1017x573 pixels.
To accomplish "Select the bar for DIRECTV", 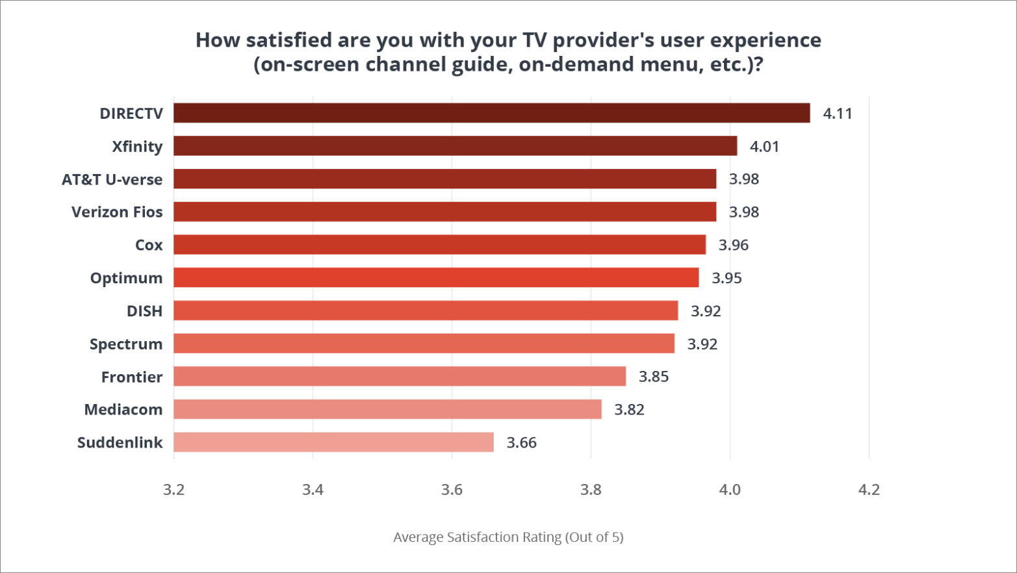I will point(491,113).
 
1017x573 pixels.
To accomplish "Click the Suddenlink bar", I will point(333,442).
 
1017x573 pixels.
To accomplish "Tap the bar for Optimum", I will point(436,277).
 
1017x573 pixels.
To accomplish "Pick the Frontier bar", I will point(400,376).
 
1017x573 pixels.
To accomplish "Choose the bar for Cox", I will point(439,245).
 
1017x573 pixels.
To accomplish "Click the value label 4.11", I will point(837,114).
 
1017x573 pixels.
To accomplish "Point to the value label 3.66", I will point(521,443).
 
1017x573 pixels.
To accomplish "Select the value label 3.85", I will point(653,377).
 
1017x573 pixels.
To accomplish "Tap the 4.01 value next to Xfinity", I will point(764,147).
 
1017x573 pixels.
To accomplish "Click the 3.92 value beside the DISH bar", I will point(706,311).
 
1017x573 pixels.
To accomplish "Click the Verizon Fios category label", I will point(117,212).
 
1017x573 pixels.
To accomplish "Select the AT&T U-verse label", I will point(112,179).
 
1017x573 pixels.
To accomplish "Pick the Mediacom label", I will point(123,409).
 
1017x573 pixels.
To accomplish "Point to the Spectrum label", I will point(126,344).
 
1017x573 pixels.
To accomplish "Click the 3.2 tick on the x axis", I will point(174,490).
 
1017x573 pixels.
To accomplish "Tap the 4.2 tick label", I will point(869,490).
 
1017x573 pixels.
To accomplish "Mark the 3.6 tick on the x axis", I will point(452,490).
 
